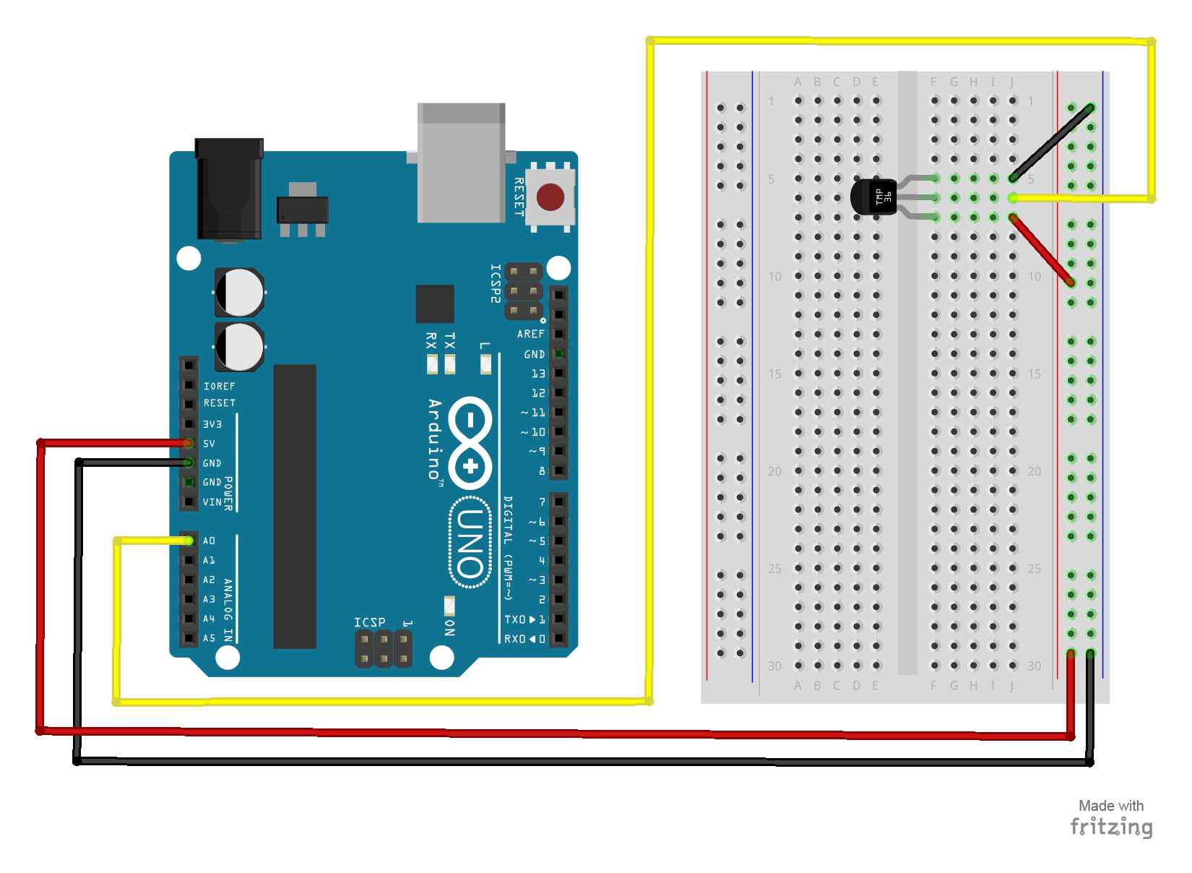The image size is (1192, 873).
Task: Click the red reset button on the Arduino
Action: pos(550,197)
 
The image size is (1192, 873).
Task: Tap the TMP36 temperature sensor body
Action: pos(873,197)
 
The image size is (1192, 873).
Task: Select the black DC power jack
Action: pos(229,189)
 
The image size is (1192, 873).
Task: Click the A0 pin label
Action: pos(209,541)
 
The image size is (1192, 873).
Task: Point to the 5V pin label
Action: pos(209,444)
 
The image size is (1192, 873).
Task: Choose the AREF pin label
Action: pos(530,334)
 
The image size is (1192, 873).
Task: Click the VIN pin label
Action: pos(212,502)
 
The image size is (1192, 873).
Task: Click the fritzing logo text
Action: pos(1111,826)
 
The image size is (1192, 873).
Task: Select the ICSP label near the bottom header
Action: pos(369,622)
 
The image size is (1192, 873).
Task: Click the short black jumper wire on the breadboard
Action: pos(1052,143)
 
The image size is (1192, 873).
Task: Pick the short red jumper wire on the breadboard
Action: pos(1042,249)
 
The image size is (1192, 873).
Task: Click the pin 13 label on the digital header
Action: pos(538,374)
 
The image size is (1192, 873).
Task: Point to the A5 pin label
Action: pos(209,638)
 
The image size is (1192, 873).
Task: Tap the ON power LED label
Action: pos(449,627)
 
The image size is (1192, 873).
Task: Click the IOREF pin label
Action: pos(219,387)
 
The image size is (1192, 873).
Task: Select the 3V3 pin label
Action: pos(212,424)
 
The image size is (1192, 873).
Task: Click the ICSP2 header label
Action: pos(496,283)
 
